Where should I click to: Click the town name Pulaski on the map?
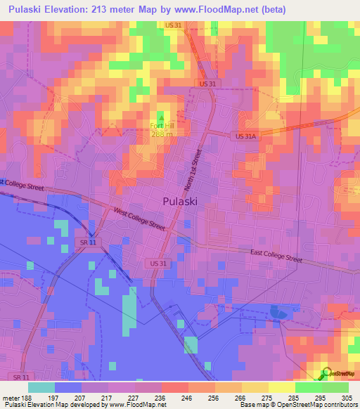pos(179,200)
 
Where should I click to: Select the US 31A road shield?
pos(247,136)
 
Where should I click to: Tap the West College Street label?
pos(139,217)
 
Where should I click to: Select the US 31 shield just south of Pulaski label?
pos(159,263)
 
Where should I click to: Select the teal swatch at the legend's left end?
pos(41,387)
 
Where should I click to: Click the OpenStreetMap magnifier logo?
pos(325,373)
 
